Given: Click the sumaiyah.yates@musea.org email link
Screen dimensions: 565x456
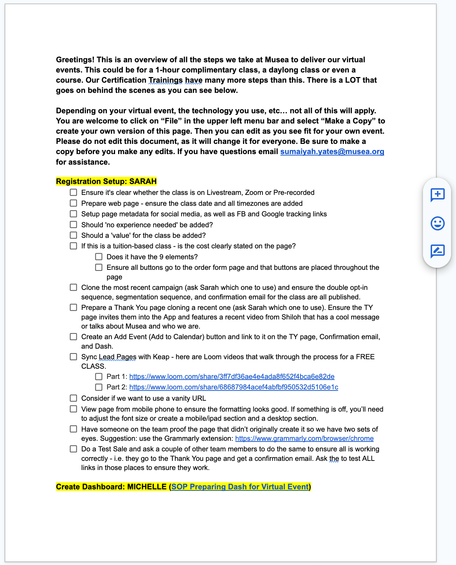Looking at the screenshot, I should [332, 152].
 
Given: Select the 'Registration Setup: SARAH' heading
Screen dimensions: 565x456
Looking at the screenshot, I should [106, 182].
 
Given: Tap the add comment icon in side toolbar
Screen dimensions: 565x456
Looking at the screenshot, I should [438, 195].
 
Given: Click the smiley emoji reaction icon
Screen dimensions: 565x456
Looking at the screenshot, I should [438, 223].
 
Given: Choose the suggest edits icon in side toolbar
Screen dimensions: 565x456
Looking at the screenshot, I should [438, 251].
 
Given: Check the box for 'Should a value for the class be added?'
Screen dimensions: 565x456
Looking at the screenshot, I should [73, 235].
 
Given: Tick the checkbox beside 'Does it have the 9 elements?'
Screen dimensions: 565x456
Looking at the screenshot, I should [99, 257].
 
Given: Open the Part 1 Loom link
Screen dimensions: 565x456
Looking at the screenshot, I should [232, 376].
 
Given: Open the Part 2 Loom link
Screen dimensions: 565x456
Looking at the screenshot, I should [234, 387].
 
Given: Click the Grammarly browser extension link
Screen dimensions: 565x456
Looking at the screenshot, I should [304, 438].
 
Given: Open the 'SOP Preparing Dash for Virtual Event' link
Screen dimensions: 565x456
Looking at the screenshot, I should [240, 487].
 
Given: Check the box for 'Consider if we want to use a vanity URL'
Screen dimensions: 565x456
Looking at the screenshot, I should [73, 398].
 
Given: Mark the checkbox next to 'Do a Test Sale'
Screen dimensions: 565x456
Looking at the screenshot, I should [73, 449].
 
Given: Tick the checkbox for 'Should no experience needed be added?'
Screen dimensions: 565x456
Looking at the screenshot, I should [73, 224].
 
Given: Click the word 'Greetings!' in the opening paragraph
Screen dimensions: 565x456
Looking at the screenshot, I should [75, 60].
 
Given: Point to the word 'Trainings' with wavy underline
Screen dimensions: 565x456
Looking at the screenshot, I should [165, 80].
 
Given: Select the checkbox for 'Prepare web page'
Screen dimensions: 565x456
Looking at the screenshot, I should [73, 203].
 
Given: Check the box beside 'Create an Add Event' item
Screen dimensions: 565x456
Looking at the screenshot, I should [73, 337].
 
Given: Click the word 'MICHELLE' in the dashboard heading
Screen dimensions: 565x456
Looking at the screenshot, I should [146, 487].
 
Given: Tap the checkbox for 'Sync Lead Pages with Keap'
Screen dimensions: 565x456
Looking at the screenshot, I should [73, 357].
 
